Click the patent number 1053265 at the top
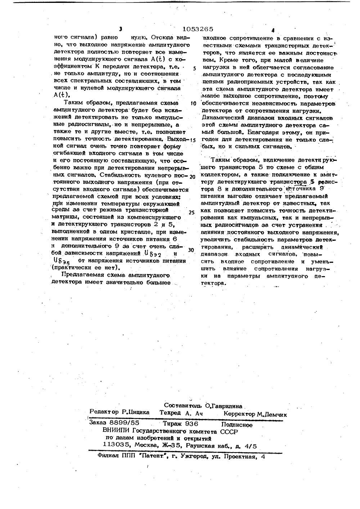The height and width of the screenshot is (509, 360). pyautogui.click(x=198, y=29)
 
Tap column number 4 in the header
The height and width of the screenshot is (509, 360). pyautogui.click(x=273, y=31)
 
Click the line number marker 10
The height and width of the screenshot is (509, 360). pyautogui.click(x=193, y=104)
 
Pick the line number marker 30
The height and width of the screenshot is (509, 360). pyautogui.click(x=191, y=249)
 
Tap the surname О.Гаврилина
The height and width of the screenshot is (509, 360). pyautogui.click(x=224, y=406)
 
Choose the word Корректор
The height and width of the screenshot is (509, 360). pyautogui.click(x=239, y=414)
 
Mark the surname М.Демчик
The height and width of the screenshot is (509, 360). pyautogui.click(x=272, y=414)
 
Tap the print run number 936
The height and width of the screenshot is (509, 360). pyautogui.click(x=191, y=424)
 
